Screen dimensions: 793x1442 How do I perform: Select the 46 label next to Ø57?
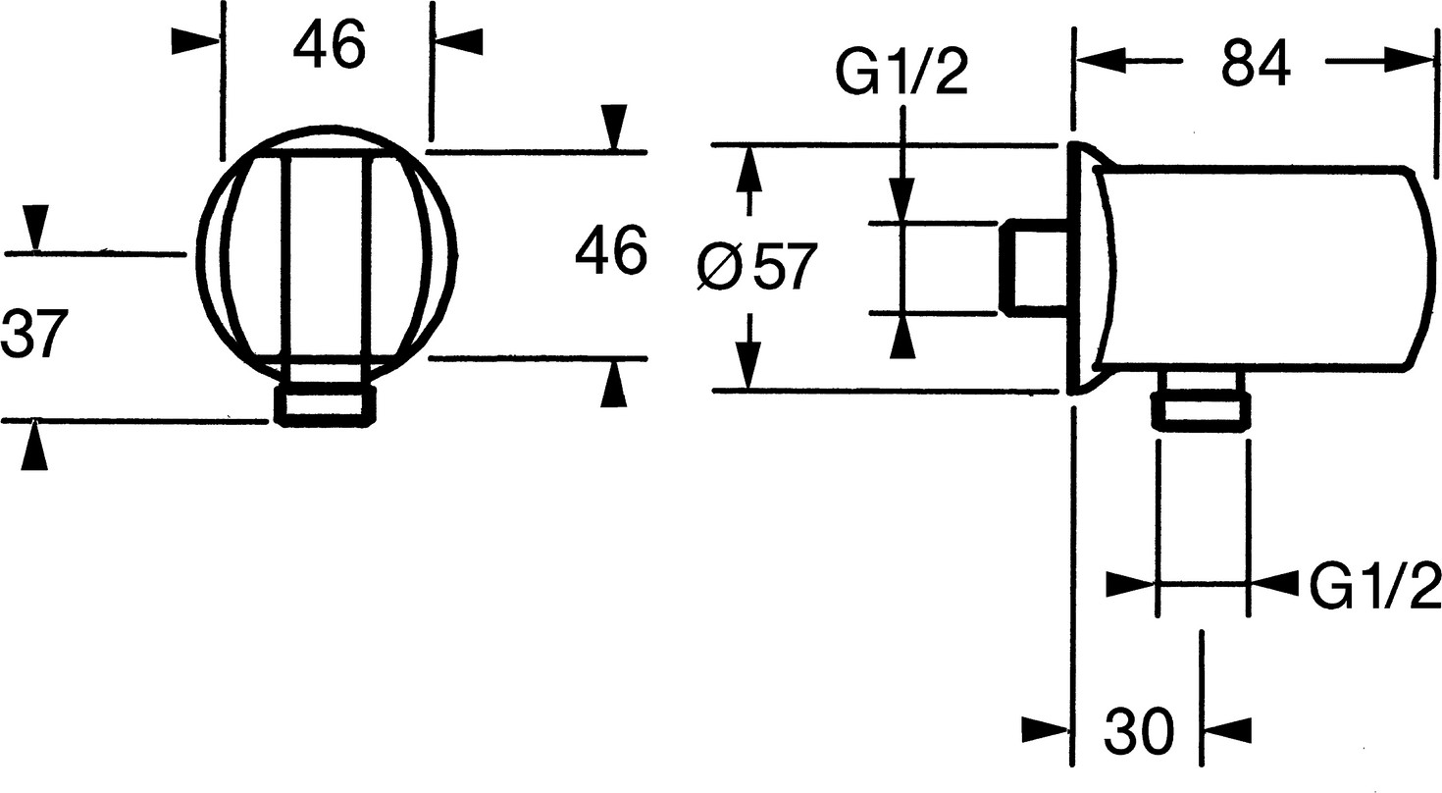610,252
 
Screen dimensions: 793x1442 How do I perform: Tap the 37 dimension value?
34,334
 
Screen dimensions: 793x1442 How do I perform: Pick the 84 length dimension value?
1256,64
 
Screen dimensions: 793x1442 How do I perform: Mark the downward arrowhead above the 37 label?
35,227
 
